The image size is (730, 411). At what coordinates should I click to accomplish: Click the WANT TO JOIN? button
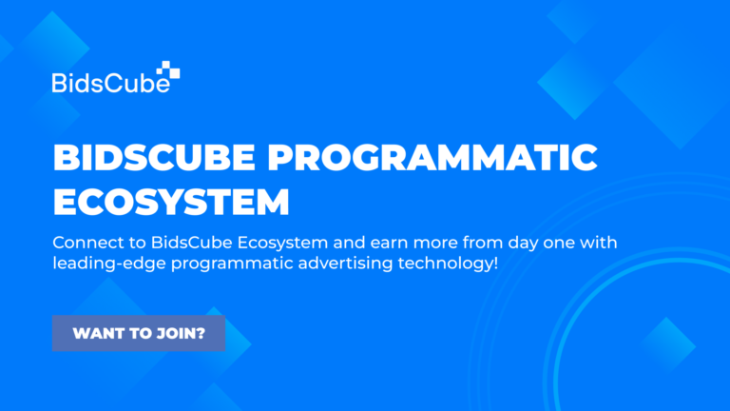click(139, 333)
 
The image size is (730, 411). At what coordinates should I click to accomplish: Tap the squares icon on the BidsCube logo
click(168, 69)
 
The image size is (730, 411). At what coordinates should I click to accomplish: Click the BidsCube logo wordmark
click(111, 83)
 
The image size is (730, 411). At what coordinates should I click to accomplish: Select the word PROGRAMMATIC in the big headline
click(432, 157)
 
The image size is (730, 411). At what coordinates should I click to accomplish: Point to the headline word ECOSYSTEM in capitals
click(171, 202)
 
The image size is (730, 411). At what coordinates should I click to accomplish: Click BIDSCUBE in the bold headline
click(154, 157)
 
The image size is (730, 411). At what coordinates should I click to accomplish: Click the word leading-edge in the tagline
click(109, 264)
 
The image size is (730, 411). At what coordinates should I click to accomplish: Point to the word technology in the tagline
click(445, 264)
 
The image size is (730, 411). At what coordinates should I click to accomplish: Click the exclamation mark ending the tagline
click(495, 263)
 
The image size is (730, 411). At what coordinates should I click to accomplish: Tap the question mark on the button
click(201, 333)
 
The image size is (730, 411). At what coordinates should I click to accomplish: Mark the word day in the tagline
click(525, 244)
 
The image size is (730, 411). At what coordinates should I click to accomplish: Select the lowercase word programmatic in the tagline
click(232, 264)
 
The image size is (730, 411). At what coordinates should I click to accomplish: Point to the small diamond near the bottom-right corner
click(666, 345)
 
